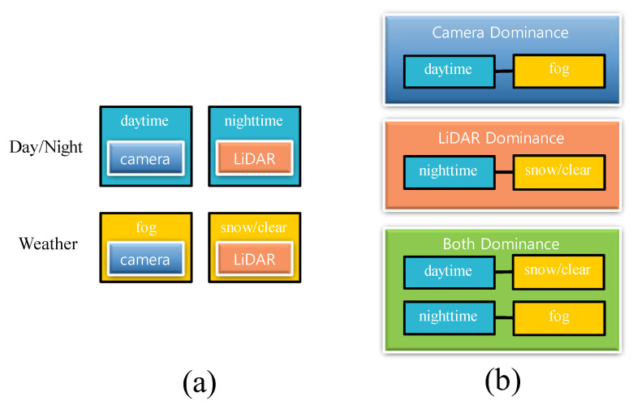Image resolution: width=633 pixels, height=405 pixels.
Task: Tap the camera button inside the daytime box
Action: click(146, 160)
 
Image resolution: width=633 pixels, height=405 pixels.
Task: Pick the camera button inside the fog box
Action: click(146, 260)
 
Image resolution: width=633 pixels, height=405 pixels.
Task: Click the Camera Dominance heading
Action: click(500, 33)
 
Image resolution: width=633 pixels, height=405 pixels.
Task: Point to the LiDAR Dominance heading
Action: click(500, 139)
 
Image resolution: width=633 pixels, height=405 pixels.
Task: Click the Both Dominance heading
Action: click(500, 243)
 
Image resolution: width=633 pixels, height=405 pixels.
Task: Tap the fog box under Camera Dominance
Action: click(559, 71)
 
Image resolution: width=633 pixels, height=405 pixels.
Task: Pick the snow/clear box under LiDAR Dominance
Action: click(559, 172)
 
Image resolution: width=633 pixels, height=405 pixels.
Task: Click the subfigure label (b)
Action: click(500, 380)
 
